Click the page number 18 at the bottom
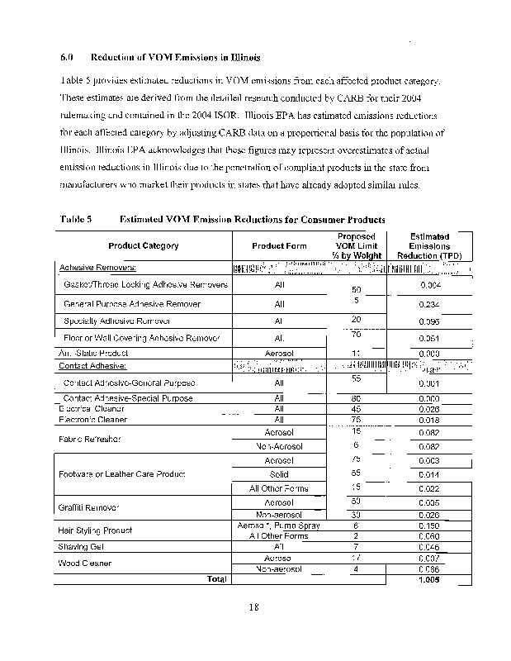click(x=255, y=609)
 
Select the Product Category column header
click(x=143, y=245)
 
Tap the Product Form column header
click(x=279, y=245)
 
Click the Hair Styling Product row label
click(x=95, y=530)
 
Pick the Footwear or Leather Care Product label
click(x=121, y=473)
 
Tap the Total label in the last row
click(x=217, y=579)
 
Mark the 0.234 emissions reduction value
click(x=428, y=304)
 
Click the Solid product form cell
click(x=279, y=474)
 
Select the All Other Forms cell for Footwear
click(x=279, y=489)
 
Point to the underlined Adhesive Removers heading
click(x=97, y=268)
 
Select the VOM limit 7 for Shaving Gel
click(x=356, y=546)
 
